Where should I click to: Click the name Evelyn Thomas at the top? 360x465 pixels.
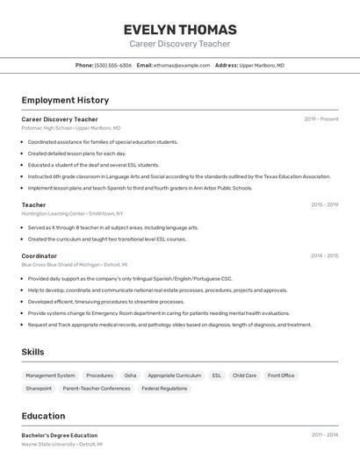(180, 29)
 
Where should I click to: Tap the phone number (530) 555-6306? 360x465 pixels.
(112, 65)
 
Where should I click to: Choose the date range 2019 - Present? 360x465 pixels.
(320, 118)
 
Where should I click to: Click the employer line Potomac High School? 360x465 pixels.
(70, 128)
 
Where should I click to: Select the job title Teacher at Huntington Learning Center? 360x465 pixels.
(33, 204)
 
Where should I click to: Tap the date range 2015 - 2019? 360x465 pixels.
(324, 204)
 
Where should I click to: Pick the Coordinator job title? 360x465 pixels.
(39, 255)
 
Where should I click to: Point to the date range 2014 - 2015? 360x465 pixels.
(324, 255)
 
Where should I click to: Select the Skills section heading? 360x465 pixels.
(33, 352)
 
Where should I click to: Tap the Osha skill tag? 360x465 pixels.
(130, 376)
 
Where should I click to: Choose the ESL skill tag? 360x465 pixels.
(217, 376)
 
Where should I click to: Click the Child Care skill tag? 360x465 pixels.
(244, 376)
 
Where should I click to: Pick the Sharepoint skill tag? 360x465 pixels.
(39, 388)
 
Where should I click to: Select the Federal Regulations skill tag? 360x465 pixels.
(164, 388)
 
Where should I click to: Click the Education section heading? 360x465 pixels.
(43, 416)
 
